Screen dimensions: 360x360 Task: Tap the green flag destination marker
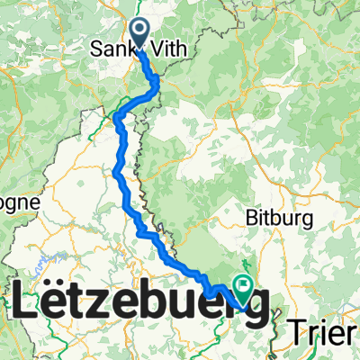tap(242, 286)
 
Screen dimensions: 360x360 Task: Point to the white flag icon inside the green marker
tap(242, 285)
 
